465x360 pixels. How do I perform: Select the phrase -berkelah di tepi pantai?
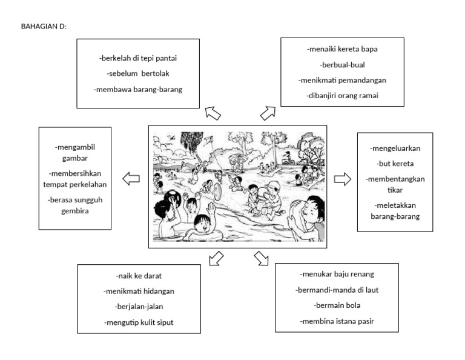coord(138,58)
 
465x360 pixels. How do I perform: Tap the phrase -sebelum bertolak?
coord(138,74)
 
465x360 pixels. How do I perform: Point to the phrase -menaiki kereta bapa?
coord(343,48)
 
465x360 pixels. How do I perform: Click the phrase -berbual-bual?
coord(343,64)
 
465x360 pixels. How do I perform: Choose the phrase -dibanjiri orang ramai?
coord(343,96)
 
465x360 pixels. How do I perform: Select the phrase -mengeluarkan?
coord(395,148)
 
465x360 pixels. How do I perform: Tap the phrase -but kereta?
coord(395,163)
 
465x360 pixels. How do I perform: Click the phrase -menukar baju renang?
coord(337,274)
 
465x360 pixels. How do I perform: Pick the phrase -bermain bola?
coord(337,305)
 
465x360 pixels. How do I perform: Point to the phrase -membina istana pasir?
coord(337,321)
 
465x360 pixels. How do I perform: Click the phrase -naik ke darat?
coord(139,275)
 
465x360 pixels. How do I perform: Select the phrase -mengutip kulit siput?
coord(139,322)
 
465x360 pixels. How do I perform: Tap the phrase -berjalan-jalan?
coord(139,307)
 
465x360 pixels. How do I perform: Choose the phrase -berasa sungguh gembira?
coord(75,205)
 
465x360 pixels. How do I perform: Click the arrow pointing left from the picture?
coord(131,179)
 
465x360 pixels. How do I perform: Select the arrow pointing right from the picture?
coord(343,179)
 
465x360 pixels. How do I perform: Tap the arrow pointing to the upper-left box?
coord(213,113)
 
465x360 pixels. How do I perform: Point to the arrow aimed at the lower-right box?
coord(262,258)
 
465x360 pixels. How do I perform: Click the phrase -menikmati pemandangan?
coord(343,80)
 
